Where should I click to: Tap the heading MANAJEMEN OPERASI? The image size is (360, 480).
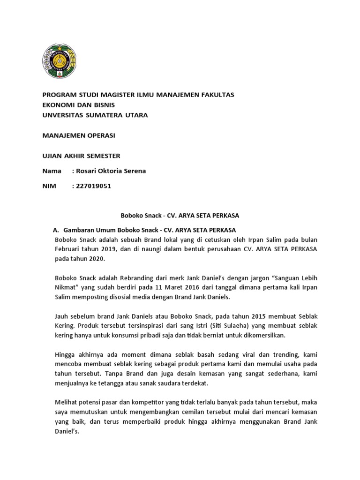[78, 135]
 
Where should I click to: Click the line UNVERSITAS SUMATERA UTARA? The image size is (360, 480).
[95, 115]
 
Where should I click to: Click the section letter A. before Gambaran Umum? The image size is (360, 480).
[56, 230]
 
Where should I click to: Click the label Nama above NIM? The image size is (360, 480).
[52, 171]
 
